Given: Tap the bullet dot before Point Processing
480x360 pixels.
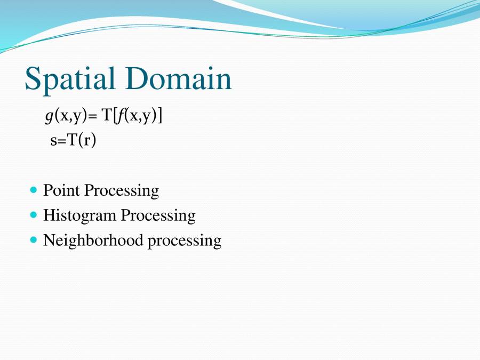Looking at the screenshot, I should pyautogui.click(x=34, y=190).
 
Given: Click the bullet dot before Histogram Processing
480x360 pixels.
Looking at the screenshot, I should pyautogui.click(x=34, y=215).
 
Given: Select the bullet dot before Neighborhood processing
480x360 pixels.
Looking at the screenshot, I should pyautogui.click(x=34, y=240).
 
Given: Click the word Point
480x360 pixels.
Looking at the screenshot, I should pyautogui.click(x=61, y=190).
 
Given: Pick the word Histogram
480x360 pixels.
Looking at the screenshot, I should pyautogui.click(x=79, y=215).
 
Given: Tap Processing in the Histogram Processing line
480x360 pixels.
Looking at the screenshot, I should pyautogui.click(x=158, y=215).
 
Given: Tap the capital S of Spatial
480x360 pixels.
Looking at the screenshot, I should pyautogui.click(x=34, y=79).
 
